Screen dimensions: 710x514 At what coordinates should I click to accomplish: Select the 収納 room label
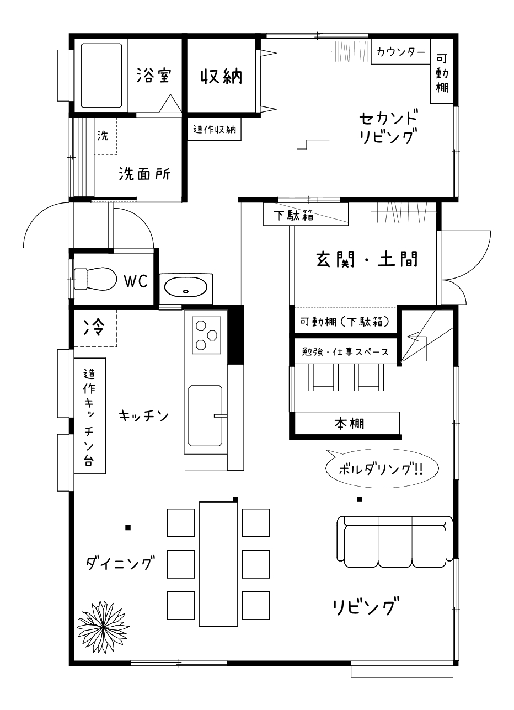221,76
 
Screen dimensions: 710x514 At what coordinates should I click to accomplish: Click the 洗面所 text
144,174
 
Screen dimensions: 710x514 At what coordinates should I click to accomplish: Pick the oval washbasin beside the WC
186,287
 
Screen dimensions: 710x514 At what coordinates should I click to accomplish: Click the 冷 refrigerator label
93,327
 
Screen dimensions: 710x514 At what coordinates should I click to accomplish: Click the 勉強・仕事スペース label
345,351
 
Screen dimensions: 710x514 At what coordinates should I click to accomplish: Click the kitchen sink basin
205,415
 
